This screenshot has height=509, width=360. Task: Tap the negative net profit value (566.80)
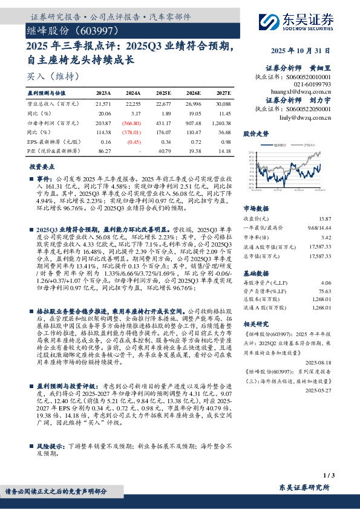coord(132,122)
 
